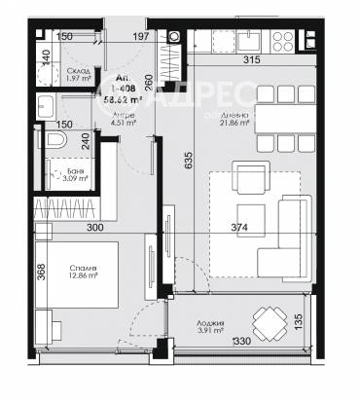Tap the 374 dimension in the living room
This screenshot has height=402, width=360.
[x=266, y=227]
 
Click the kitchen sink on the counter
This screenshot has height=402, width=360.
[x=248, y=42]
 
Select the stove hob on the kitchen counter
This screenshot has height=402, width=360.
[x=287, y=42]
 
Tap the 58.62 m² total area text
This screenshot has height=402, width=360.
[x=118, y=98]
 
